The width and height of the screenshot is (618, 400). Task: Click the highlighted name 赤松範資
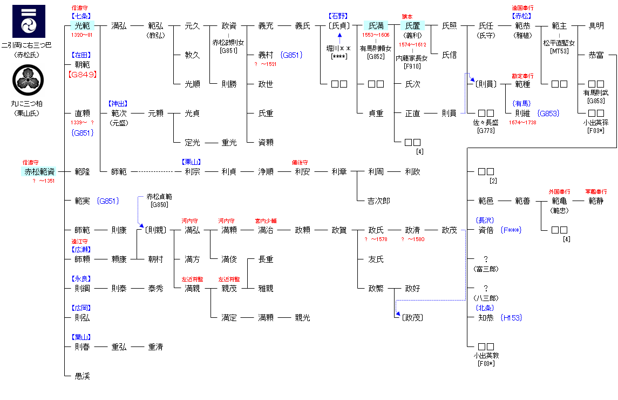click(x=39, y=171)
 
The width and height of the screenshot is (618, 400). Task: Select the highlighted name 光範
click(x=82, y=25)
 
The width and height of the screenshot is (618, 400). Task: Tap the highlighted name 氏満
click(x=376, y=25)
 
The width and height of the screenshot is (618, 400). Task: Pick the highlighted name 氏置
click(x=412, y=25)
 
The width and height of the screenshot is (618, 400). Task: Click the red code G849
click(x=82, y=74)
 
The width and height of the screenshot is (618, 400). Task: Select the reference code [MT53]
click(x=559, y=51)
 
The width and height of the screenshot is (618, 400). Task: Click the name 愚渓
click(x=82, y=376)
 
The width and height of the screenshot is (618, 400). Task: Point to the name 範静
click(x=596, y=201)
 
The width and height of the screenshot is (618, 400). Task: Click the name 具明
click(x=596, y=25)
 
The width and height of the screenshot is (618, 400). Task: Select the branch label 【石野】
click(x=338, y=16)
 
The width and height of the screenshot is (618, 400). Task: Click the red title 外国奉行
click(x=559, y=191)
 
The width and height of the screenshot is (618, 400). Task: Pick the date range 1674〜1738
click(x=522, y=123)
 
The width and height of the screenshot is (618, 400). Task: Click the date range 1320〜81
click(x=82, y=35)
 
